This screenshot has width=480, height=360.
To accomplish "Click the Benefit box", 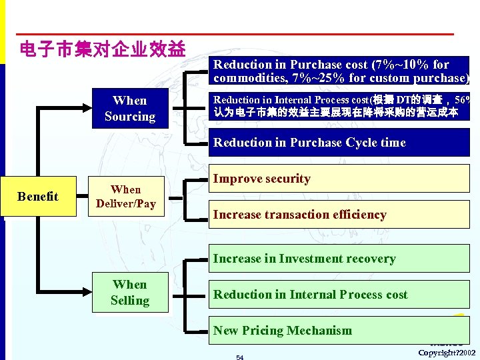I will tap(38, 197).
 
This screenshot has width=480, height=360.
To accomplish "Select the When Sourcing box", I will tap(129, 109).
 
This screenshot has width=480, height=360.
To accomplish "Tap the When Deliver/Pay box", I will tap(125, 197).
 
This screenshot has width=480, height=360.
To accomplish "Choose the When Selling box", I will tap(129, 293).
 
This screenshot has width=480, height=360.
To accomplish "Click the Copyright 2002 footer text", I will tap(447, 352).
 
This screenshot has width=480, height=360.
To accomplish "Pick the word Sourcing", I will tap(129, 117).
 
